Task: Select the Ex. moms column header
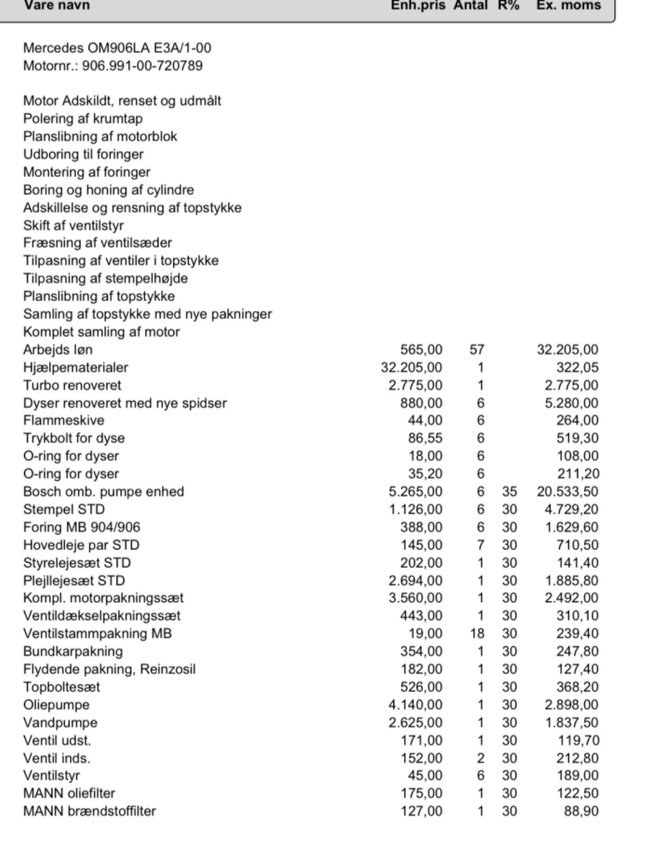coord(568,6)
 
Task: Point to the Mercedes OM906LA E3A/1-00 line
coord(117,49)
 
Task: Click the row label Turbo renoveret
coord(72,385)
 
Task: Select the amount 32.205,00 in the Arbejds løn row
coord(568,350)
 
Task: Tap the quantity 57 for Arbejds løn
coord(476,350)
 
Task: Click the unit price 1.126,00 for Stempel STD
coord(416,509)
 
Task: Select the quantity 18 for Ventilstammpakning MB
coord(477,633)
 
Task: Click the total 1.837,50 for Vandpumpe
coord(572,722)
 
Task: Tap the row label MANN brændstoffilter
coord(89,810)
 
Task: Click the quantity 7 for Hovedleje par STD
coord(480,545)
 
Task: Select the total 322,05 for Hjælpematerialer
coord(577,368)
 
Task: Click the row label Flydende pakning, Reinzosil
coord(109,669)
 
